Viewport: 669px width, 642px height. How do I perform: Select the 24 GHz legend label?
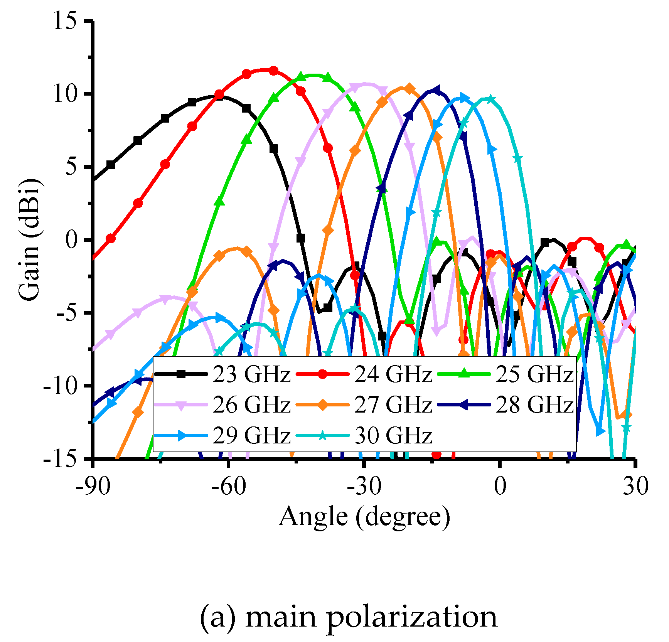(x=393, y=374)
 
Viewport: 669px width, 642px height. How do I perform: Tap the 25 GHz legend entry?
(x=534, y=374)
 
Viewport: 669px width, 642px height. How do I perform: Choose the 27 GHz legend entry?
(x=393, y=404)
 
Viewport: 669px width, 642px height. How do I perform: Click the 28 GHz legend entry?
(x=534, y=404)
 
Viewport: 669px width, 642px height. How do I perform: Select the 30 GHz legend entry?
(x=393, y=435)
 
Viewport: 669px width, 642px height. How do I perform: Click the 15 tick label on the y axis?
(x=65, y=21)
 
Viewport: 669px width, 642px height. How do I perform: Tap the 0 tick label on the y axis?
(x=72, y=240)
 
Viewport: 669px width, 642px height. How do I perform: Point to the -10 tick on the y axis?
(x=62, y=386)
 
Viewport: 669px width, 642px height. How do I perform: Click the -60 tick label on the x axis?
(x=228, y=486)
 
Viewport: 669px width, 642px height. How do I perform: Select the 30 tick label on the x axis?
(x=636, y=486)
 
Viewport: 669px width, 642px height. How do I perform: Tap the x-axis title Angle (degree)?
(x=364, y=517)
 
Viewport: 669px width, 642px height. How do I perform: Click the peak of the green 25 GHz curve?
(x=314, y=75)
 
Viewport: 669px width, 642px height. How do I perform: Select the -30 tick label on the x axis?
(x=364, y=486)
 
